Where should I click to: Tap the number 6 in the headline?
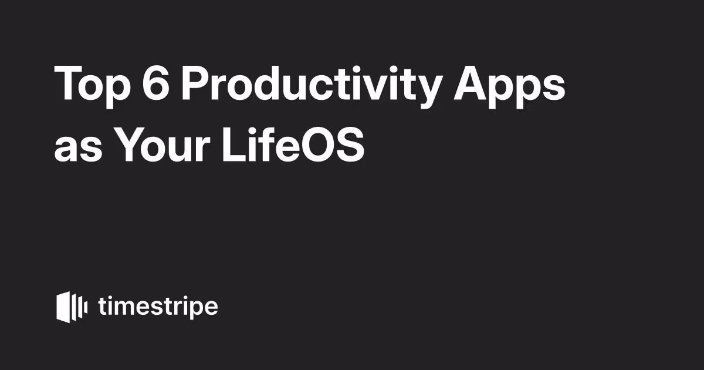[x=156, y=83]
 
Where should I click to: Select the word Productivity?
[x=310, y=85]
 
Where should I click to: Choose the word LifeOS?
[x=293, y=144]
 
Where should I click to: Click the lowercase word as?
[x=78, y=149]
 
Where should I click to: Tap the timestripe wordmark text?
[x=158, y=307]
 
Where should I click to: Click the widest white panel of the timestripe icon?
[x=63, y=307]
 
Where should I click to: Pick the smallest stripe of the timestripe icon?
[x=86, y=307]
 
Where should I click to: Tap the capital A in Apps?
[x=471, y=83]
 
